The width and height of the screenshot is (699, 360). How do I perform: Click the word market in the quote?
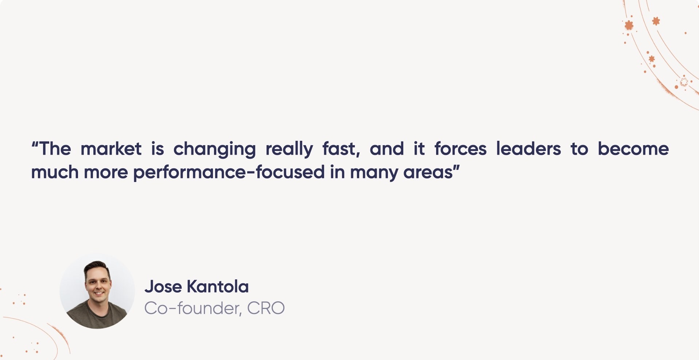tap(111, 149)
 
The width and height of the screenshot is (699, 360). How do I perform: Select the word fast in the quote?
tap(341, 149)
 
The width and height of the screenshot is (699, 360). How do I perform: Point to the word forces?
tap(461, 149)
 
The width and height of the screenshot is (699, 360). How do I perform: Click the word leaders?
tap(528, 149)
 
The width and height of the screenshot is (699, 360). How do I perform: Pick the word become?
tap(633, 149)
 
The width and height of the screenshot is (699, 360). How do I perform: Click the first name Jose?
tap(163, 287)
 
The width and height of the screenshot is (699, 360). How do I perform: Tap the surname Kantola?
tap(218, 287)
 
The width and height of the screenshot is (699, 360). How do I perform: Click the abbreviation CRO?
tap(265, 309)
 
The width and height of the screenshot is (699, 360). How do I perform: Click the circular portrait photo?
tap(97, 291)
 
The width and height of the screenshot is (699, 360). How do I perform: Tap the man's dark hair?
tap(97, 267)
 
